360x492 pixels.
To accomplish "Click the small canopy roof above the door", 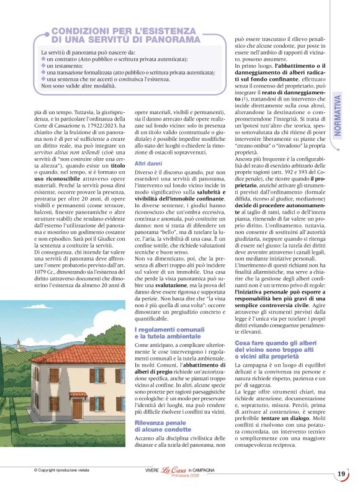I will coord(78,395).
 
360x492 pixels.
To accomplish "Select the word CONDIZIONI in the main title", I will coord(78,30).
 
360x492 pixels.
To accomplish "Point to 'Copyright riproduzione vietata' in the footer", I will coord(62,471).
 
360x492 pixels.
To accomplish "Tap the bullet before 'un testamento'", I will coord(43,66).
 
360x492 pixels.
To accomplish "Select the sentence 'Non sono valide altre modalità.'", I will coord(78,86).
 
